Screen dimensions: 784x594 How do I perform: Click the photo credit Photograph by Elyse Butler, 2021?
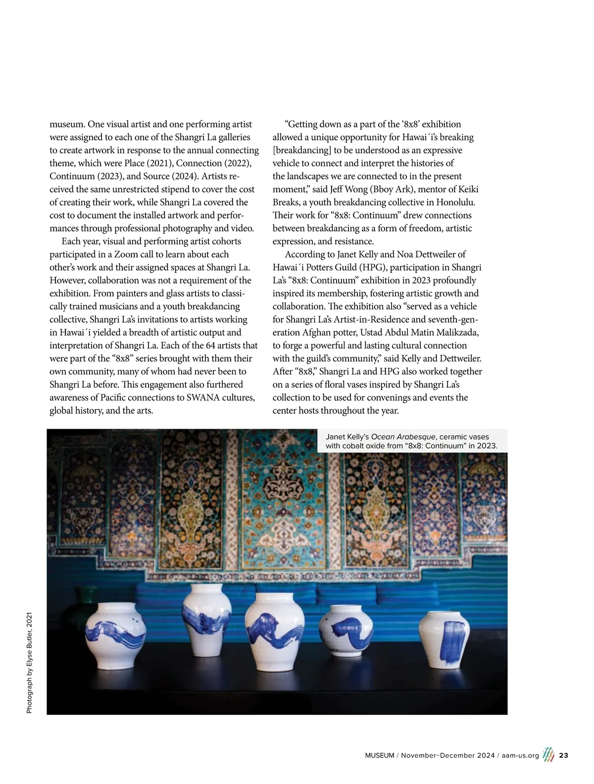pos(29,663)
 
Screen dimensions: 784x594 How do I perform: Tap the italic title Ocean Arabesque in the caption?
pos(403,437)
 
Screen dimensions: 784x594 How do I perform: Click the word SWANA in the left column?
pos(203,397)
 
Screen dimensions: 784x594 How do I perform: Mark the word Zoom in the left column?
pos(126,254)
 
